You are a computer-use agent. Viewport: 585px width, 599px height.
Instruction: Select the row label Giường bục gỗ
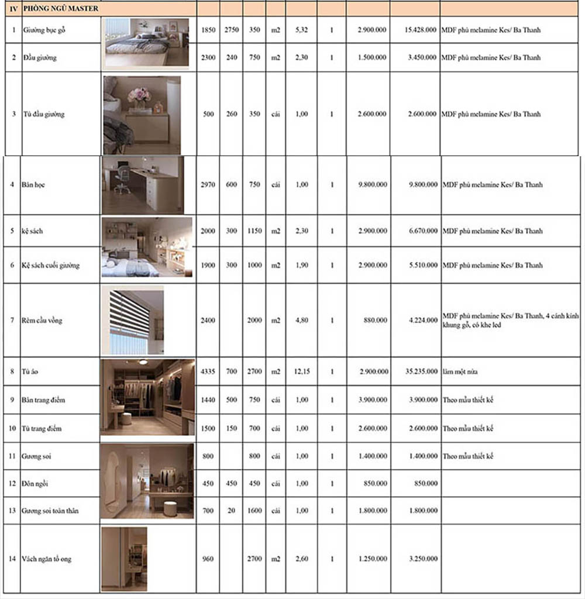click(x=44, y=30)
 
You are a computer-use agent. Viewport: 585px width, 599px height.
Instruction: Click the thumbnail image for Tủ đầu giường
click(x=142, y=115)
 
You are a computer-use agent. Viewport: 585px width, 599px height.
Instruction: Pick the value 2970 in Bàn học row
click(x=208, y=185)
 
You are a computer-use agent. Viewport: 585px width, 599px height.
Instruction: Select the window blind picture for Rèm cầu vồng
click(x=133, y=321)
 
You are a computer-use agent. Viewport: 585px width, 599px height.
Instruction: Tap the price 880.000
click(x=375, y=321)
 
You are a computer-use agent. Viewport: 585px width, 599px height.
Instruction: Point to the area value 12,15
click(x=302, y=371)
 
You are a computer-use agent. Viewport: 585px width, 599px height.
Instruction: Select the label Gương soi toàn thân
click(x=50, y=511)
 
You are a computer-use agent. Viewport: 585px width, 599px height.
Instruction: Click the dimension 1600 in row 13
click(x=254, y=511)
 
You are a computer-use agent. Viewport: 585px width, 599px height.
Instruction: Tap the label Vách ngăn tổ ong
click(x=47, y=559)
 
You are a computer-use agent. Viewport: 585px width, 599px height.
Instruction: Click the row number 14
click(x=12, y=559)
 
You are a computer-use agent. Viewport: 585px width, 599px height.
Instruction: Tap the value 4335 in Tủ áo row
click(x=208, y=371)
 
